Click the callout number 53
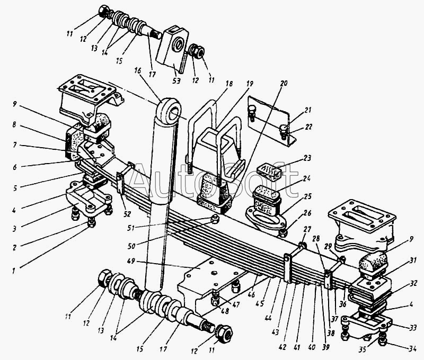coord(176,80)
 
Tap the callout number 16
coord(137,70)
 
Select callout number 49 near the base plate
coord(131,262)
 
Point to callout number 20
coord(284,84)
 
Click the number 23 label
coord(307,158)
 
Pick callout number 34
coord(412,349)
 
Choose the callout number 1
coord(14,271)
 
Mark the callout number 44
coord(268,318)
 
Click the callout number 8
coord(14,124)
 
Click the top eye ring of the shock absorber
coord(170,111)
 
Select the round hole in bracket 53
coord(178,43)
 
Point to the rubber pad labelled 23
coord(269,170)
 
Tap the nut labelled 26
coord(283,232)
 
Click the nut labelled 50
coord(215,219)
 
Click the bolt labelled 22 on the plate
coord(283,132)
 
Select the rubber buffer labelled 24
coord(266,198)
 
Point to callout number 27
coord(307,230)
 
